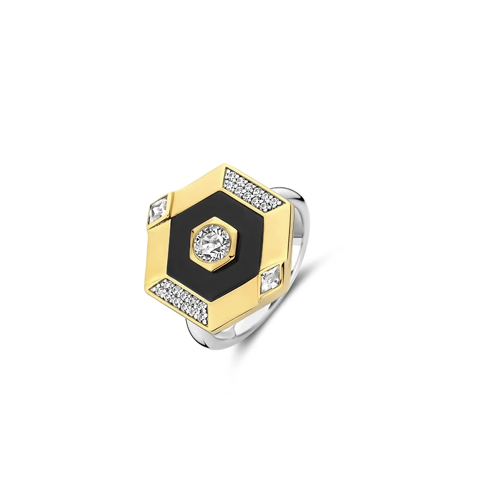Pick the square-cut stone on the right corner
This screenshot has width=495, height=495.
270,280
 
